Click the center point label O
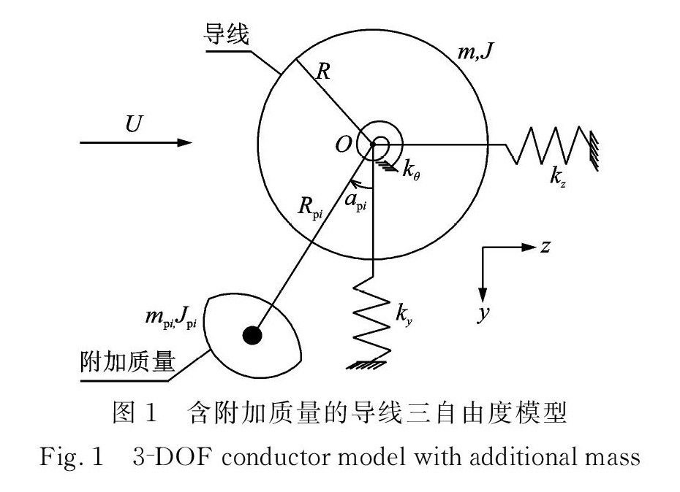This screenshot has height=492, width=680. coord(343,145)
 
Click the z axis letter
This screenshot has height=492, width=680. coord(545,245)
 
